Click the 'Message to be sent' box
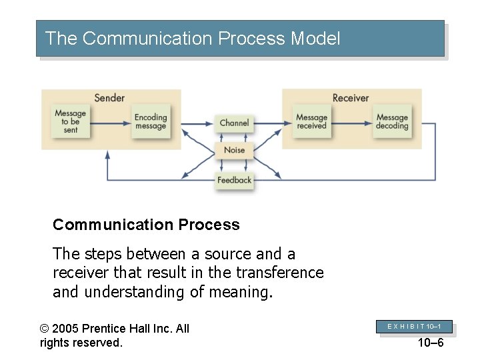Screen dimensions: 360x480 pos(70,122)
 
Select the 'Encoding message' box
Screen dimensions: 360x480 pos(150,122)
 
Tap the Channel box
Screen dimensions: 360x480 pos(234,123)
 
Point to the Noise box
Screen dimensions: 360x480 pos(234,150)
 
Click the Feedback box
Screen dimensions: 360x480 pos(234,180)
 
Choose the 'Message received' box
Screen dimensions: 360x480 pos(311,122)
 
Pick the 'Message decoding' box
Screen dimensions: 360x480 pos(391,122)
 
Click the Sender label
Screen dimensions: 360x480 pos(109,98)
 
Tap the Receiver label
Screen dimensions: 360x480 pos(350,98)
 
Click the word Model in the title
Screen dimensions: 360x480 pos(315,39)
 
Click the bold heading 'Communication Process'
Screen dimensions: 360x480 pos(146,225)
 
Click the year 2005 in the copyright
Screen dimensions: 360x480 pos(68,328)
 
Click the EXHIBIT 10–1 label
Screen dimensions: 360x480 pos(415,326)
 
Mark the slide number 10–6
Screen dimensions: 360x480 pos(430,343)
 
